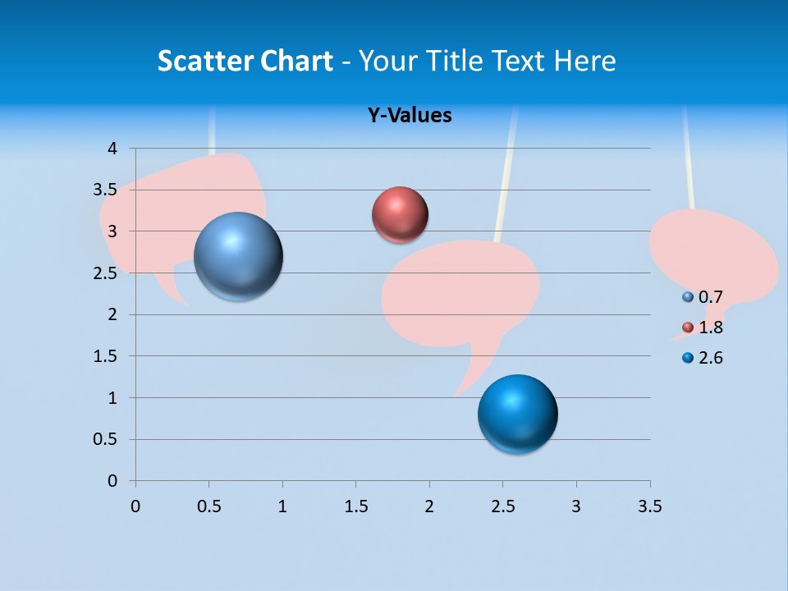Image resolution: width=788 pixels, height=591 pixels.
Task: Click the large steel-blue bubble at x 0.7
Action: (239, 256)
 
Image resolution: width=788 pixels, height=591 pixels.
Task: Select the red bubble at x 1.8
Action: (400, 215)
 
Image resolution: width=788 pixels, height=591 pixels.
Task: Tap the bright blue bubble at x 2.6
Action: (517, 414)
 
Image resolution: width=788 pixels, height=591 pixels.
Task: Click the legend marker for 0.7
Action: (688, 297)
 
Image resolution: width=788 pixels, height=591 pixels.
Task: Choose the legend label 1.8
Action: (711, 328)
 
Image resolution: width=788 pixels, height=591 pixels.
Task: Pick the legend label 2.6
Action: (711, 358)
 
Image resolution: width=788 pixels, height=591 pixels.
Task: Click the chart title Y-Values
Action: (410, 115)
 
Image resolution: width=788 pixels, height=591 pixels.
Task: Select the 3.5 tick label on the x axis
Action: (649, 506)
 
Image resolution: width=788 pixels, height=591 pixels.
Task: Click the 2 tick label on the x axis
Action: (429, 506)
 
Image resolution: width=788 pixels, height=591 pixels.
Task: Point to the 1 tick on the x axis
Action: (282, 506)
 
